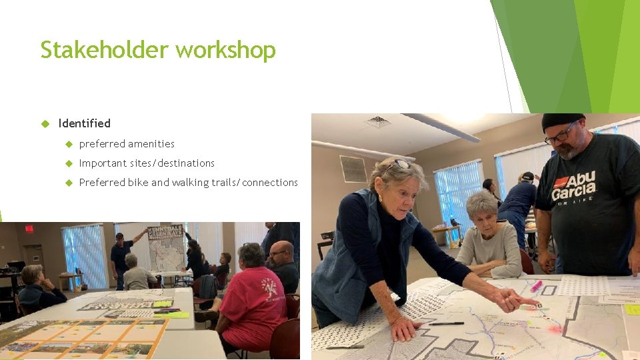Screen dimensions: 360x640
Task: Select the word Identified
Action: click(84, 123)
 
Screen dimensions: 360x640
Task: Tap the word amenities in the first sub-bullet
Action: click(151, 144)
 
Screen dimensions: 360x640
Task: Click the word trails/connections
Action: click(255, 183)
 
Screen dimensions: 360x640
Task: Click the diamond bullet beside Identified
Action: click(46, 123)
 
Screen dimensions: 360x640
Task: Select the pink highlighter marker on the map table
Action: click(536, 286)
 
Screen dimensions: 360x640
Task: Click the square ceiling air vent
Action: click(378, 122)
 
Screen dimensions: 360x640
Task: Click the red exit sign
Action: click(29, 229)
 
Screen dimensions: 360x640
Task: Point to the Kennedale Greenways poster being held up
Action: click(166, 249)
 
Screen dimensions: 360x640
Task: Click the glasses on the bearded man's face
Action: click(560, 135)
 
